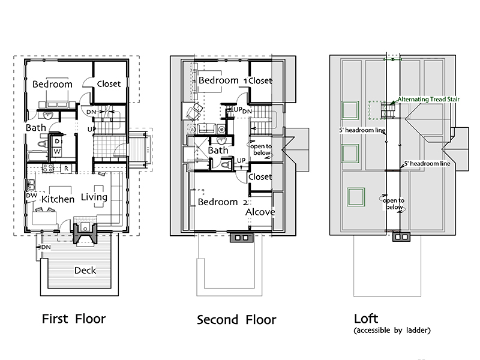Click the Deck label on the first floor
pos(85,270)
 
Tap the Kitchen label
pos(58,199)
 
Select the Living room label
pos(94,197)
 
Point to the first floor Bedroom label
pos(52,84)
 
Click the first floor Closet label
pos(109,84)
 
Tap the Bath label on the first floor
pos(35,128)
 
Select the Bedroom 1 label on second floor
pos(223,80)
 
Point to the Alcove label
pos(260,212)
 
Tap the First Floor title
pos(74,318)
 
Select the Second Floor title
pos(236,319)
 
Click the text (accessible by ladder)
pos(392,331)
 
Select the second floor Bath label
pos(218,150)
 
